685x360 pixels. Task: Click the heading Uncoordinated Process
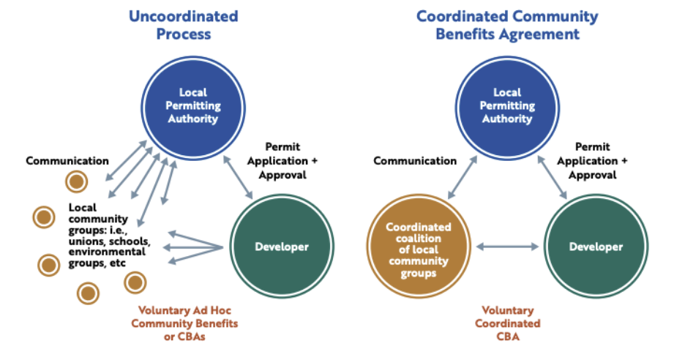183,25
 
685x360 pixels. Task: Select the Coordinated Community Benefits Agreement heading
506,25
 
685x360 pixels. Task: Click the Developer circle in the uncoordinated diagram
282,247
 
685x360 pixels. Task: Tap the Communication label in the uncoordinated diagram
67,161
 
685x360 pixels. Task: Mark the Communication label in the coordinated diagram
415,161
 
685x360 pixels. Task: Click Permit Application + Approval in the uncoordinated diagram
282,161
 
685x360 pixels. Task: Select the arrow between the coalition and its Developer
507,247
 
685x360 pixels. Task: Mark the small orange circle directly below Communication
75,181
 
